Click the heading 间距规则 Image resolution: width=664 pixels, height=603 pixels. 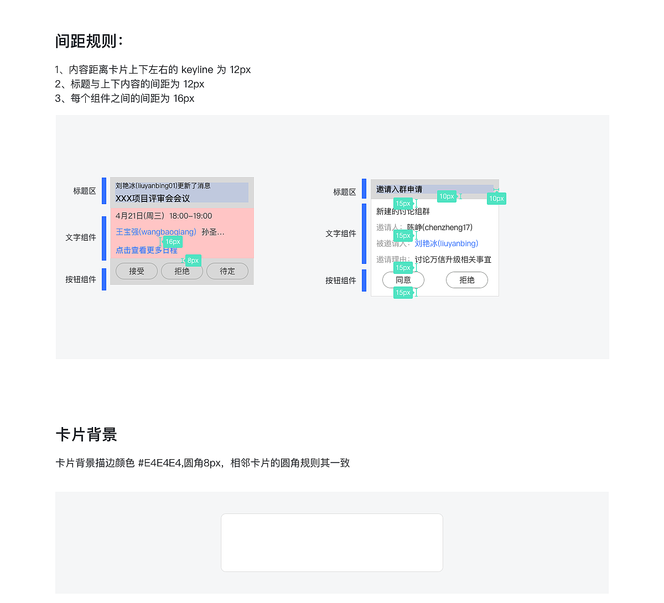coord(89,41)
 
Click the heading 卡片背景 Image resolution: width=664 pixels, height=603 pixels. coord(86,435)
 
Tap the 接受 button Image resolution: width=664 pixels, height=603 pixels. coord(137,271)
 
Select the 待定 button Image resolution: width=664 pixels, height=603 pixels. coord(227,271)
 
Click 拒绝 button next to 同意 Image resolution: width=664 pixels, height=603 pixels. coord(466,280)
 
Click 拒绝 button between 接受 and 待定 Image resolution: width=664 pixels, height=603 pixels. coord(182,271)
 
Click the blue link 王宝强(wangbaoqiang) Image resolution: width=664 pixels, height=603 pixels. coord(156,232)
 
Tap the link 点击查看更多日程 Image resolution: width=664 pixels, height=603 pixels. coord(147,251)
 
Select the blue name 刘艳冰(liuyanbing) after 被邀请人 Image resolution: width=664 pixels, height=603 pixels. coord(447,243)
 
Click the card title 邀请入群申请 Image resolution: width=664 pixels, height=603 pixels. coord(399,189)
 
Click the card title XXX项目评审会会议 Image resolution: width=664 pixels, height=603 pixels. coord(153,198)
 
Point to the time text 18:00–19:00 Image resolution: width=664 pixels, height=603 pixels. coord(190,216)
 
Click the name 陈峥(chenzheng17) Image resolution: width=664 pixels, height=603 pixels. coord(440,227)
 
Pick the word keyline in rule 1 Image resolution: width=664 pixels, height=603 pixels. coord(197,70)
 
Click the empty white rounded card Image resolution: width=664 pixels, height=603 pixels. coord(332,543)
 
